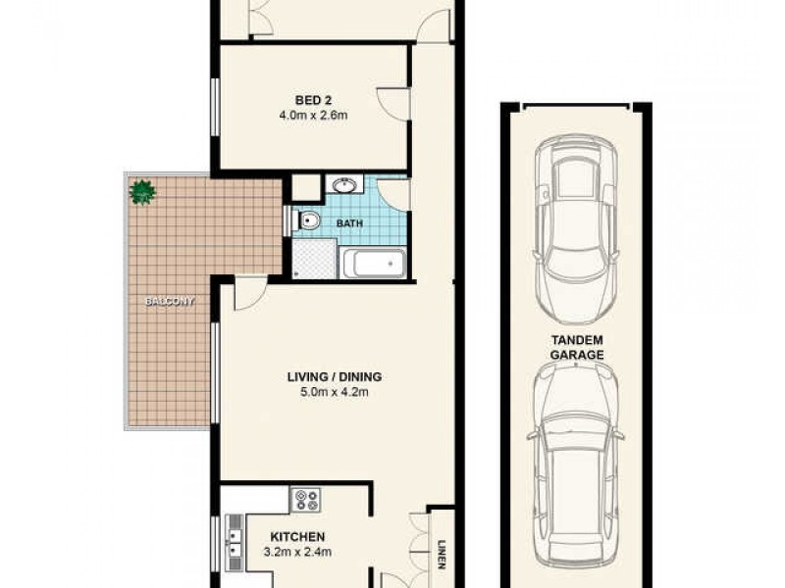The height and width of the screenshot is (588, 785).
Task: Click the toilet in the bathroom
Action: click(x=308, y=221)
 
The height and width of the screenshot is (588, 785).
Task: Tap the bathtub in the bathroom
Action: click(x=374, y=263)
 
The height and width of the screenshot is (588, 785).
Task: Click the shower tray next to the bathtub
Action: click(x=314, y=259)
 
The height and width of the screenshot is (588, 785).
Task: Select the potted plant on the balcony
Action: click(x=143, y=191)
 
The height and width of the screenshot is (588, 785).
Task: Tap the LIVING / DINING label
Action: click(x=334, y=376)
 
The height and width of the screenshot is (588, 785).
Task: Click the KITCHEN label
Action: click(x=297, y=537)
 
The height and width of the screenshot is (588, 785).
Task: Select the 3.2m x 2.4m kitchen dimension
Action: click(x=297, y=552)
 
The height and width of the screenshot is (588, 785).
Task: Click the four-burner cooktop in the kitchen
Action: click(x=305, y=501)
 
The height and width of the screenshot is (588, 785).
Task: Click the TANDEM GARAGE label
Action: click(x=576, y=347)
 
